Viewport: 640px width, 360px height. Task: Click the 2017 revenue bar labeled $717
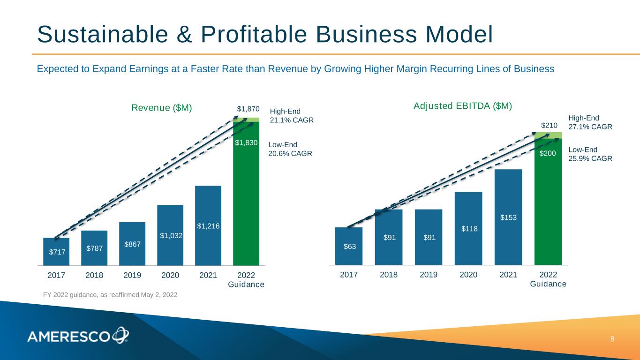point(56,252)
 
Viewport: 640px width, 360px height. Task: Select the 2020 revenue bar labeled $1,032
point(170,235)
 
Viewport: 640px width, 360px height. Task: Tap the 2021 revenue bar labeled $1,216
point(208,225)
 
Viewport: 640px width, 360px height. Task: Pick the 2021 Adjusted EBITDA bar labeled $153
point(508,217)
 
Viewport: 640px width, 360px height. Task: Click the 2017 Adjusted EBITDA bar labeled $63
point(349,246)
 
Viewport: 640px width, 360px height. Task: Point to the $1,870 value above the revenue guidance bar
point(248,109)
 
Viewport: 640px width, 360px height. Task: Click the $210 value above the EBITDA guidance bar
point(549,125)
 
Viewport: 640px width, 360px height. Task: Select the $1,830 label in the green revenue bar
point(247,142)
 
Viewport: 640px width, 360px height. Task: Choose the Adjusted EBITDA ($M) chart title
point(462,106)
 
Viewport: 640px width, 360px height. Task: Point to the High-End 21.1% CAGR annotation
point(292,116)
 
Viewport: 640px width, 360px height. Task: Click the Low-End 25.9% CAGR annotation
point(590,154)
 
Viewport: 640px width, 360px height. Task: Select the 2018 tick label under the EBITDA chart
point(388,275)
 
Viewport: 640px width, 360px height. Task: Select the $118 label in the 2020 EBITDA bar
point(468,228)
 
